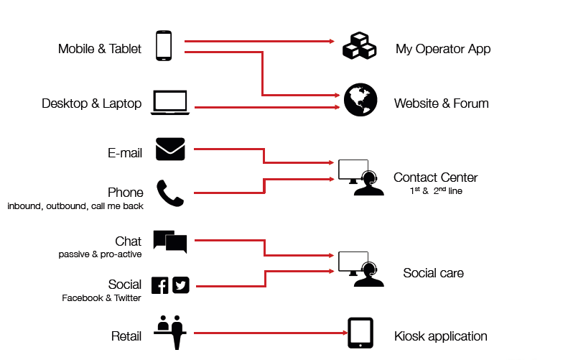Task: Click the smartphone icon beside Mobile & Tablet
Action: click(164, 45)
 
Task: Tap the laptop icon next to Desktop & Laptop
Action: click(170, 103)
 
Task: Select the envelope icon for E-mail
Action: click(170, 149)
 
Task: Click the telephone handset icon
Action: click(170, 193)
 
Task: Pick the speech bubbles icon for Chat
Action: click(170, 242)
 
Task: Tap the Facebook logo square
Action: click(160, 285)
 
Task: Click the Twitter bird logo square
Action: click(180, 285)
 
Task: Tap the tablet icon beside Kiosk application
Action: click(360, 333)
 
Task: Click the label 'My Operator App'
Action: click(443, 50)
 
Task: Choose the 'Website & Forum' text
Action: click(441, 103)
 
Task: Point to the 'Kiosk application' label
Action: click(440, 336)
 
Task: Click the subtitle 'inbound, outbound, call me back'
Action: click(75, 206)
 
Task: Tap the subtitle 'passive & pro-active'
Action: click(100, 254)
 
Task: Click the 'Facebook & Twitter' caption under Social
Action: click(101, 297)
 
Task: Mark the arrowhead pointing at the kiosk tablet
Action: click(343, 333)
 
